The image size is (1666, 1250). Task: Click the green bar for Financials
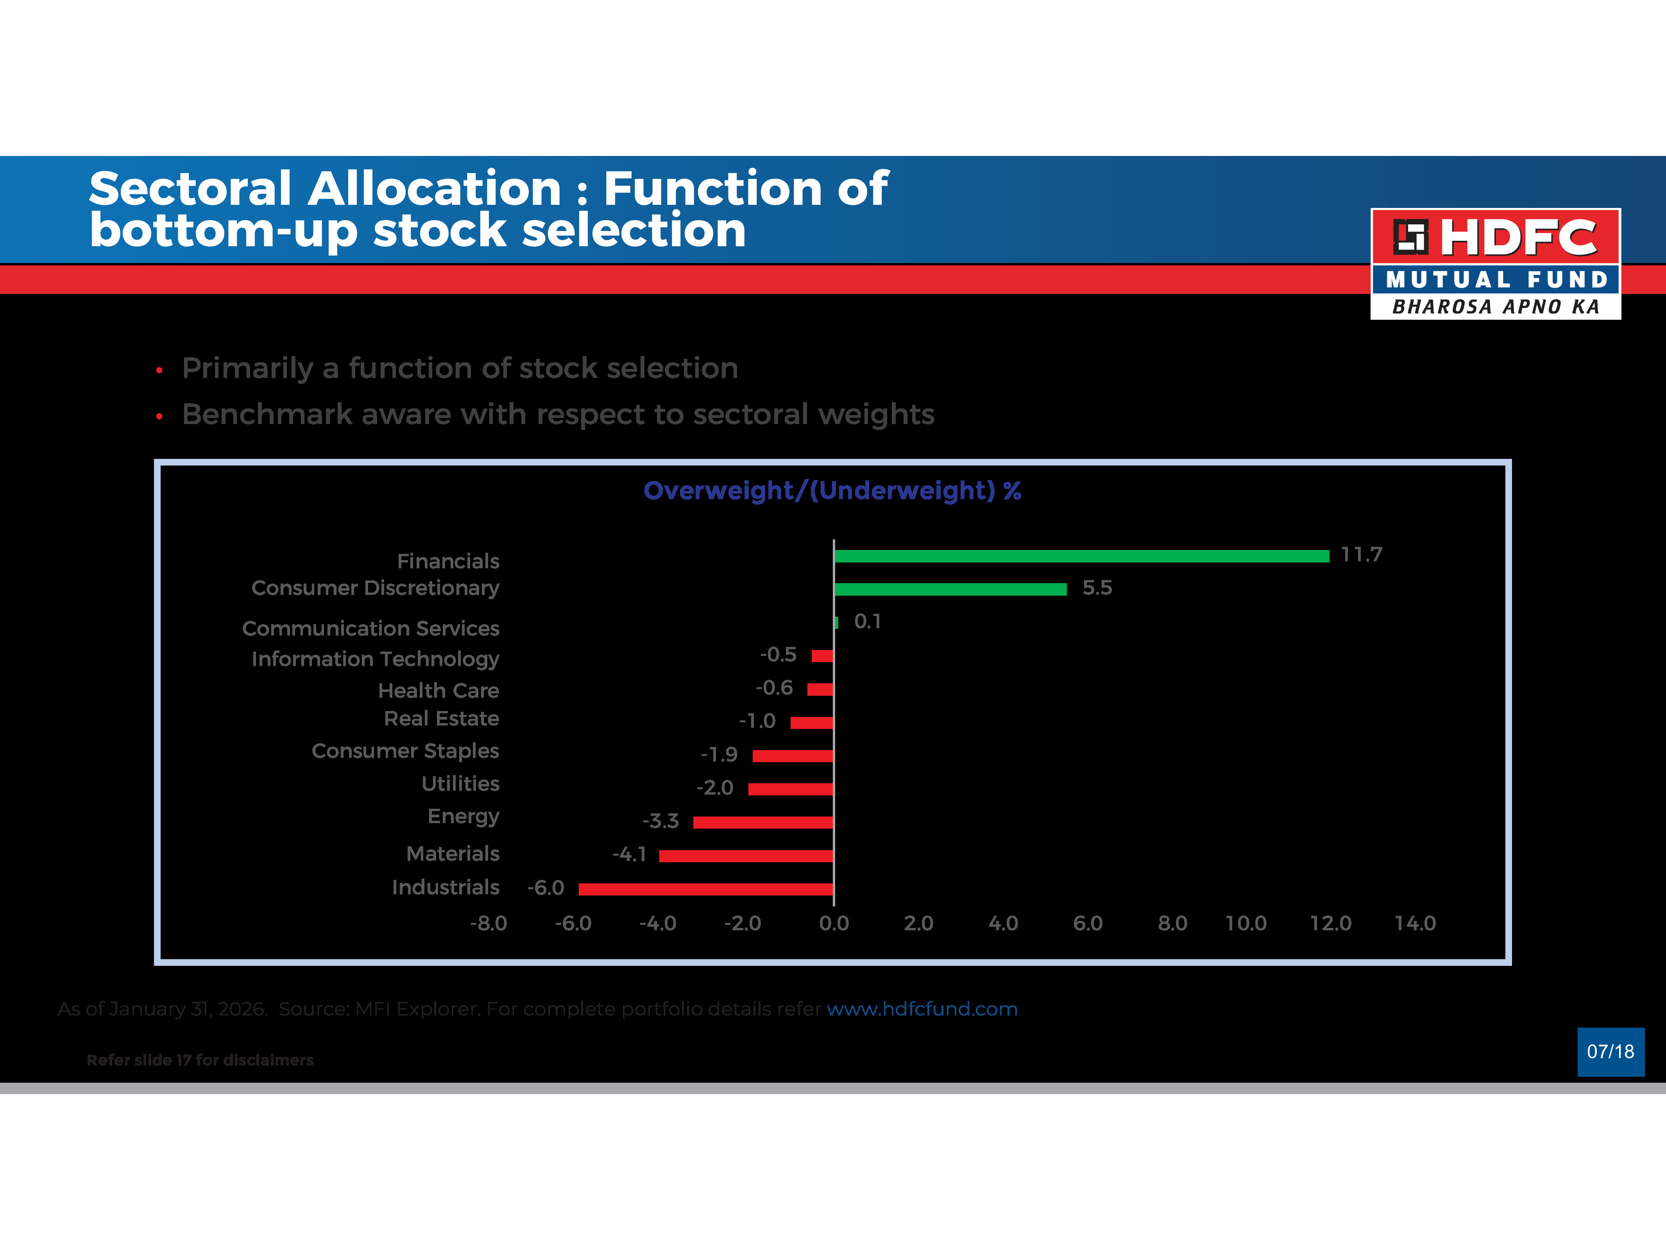(x=1081, y=556)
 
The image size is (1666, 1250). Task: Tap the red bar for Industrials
(x=706, y=889)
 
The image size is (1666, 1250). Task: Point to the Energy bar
(x=763, y=822)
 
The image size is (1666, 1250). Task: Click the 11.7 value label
(x=1361, y=555)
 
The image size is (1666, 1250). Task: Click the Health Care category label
(x=438, y=690)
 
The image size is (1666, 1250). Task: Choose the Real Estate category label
(x=441, y=719)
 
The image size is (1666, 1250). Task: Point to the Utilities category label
(x=460, y=784)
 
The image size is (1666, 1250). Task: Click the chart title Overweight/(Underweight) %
(x=832, y=491)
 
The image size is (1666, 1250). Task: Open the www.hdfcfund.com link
(x=922, y=1009)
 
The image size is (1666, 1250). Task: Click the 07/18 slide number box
(x=1610, y=1052)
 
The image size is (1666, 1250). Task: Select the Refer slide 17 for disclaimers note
(x=200, y=1060)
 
